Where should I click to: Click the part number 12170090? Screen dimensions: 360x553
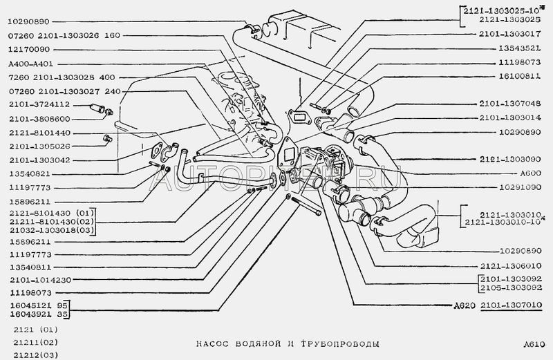click(33, 50)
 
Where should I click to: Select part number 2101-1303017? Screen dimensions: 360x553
click(508, 32)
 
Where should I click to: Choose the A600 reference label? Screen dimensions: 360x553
click(532, 173)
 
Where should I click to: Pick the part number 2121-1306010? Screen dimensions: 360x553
click(508, 265)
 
